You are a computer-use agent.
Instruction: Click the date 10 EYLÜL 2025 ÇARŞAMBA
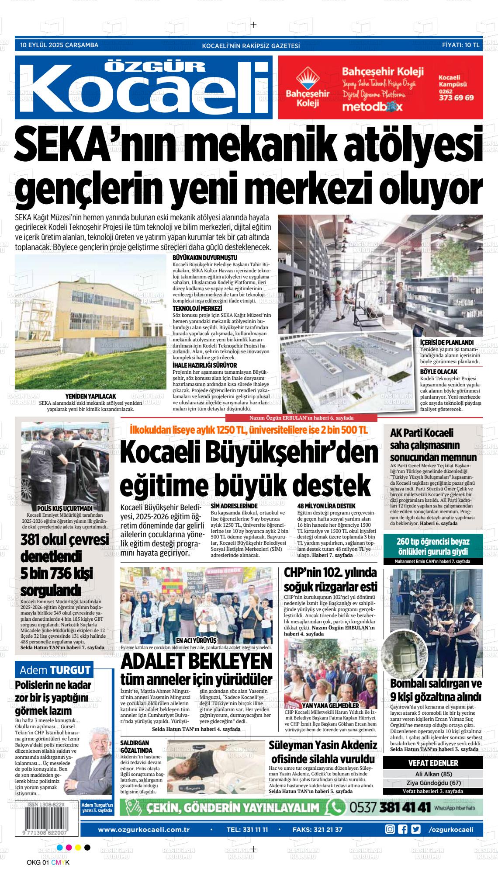[59, 45]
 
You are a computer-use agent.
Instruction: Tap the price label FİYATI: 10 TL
[460, 45]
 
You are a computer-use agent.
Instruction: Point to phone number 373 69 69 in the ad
[456, 98]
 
